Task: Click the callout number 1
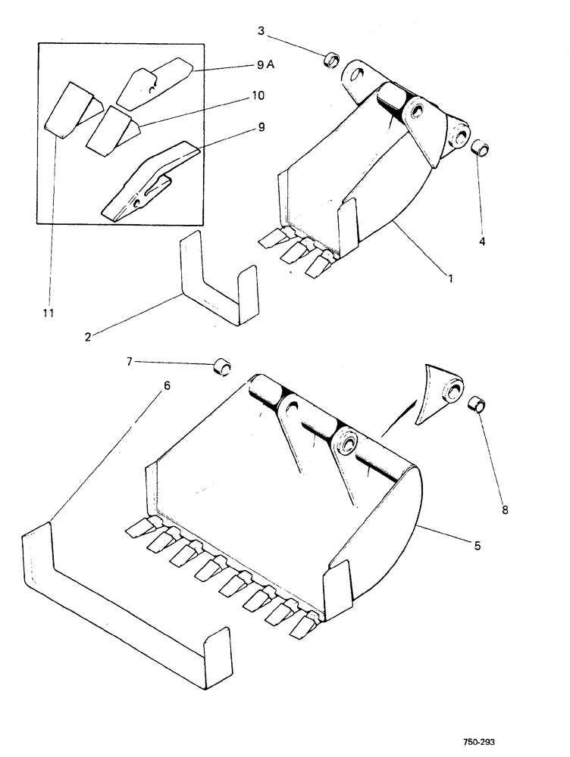450,279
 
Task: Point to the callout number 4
483,242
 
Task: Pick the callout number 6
167,385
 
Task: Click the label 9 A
265,66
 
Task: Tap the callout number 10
258,96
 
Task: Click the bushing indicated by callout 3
332,60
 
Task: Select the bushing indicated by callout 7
221,369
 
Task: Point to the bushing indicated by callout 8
476,406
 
